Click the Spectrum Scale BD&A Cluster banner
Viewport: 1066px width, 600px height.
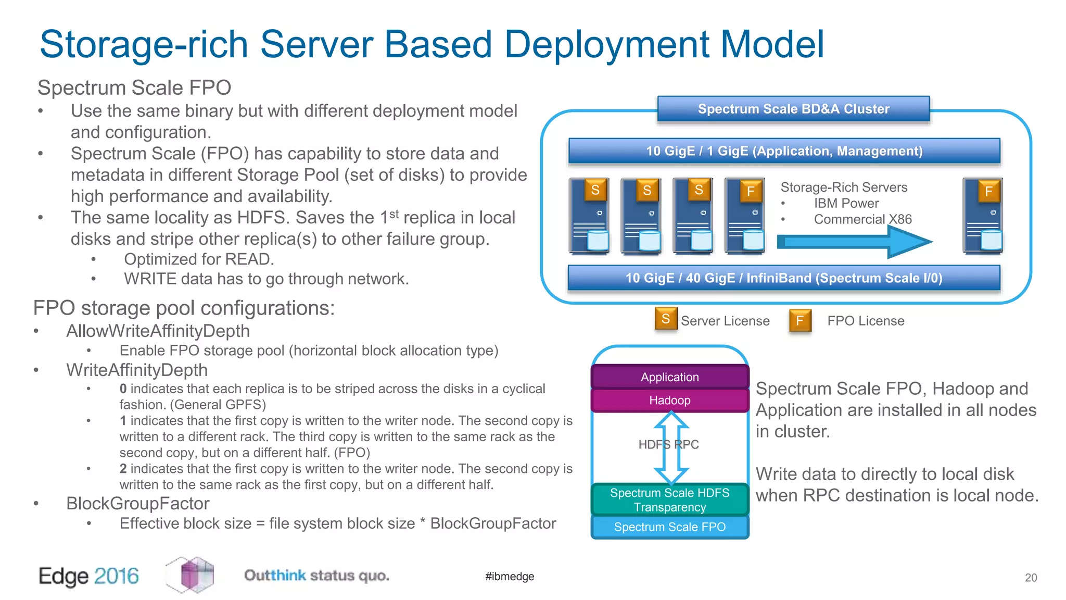793,109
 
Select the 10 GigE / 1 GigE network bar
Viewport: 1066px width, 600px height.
784,151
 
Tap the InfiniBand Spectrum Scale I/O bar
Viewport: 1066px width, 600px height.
784,278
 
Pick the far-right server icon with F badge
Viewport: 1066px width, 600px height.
983,216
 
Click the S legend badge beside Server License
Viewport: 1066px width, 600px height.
666,319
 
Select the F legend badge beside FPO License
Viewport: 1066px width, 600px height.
800,320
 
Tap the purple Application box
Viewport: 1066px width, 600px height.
669,377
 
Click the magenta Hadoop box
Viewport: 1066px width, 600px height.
669,401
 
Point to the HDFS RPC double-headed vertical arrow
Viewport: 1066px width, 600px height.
671,447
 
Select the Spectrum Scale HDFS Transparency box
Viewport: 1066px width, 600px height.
669,499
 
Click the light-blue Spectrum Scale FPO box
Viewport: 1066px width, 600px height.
669,527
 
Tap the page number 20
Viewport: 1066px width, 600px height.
1031,578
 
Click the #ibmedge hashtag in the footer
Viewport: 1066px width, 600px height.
509,577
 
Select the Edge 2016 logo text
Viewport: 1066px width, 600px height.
88,576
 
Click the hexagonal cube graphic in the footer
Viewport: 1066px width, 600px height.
191,574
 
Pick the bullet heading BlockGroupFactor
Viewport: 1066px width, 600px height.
137,504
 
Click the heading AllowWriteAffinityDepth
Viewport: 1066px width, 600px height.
158,331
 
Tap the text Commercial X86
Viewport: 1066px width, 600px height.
862,219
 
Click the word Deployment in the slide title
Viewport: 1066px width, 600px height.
606,44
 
